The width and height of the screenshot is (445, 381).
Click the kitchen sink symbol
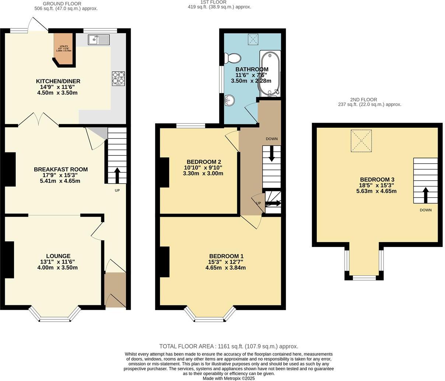pos(99,40)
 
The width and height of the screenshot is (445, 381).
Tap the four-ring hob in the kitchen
pos(118,79)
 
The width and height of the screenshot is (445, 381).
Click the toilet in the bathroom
pos(232,58)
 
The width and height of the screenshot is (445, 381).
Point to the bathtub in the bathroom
pos(270,73)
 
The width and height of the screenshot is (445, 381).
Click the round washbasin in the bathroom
pos(229,99)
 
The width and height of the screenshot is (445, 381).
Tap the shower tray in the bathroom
pos(253,38)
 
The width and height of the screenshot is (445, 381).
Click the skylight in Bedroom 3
pos(361,141)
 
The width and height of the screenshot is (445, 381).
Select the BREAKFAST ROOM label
pos(61,169)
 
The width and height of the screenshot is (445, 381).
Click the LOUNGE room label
pos(58,256)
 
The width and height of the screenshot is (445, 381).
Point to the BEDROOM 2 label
pos(204,162)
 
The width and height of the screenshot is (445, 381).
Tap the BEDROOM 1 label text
pos(226,256)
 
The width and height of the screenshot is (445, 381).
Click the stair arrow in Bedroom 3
pos(425,195)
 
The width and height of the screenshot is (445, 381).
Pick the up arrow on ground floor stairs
pos(117,175)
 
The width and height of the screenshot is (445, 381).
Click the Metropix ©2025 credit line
pos(228,378)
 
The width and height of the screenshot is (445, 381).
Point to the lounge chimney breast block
pos(9,260)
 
